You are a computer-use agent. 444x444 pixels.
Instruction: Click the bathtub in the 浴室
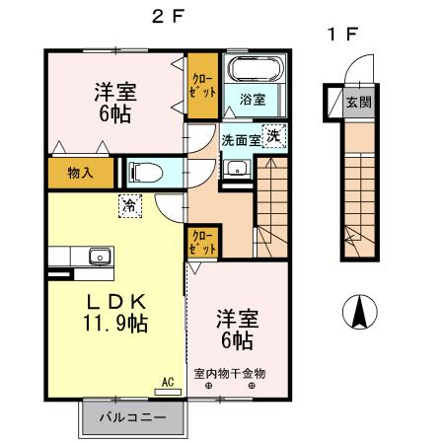(x=256, y=69)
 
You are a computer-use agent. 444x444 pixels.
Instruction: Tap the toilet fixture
(x=146, y=173)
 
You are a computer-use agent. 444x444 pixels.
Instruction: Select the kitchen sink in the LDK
(x=101, y=257)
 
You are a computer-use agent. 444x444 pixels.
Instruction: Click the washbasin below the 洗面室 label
(x=237, y=168)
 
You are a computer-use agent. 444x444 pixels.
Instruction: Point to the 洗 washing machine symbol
(x=274, y=136)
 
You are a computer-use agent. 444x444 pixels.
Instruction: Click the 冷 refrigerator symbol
(x=130, y=206)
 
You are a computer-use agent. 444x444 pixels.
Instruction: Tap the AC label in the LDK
(x=168, y=383)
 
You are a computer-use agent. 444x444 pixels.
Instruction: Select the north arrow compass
(x=360, y=312)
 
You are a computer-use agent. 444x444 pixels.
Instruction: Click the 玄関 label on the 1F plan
(x=359, y=103)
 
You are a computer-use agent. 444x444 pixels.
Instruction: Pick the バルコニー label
(x=133, y=418)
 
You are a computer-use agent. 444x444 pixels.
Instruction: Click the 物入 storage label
(x=80, y=173)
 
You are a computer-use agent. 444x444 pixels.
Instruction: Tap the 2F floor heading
(x=168, y=17)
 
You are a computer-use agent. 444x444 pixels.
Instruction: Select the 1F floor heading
(x=342, y=34)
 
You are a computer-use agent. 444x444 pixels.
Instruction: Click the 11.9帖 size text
(x=115, y=324)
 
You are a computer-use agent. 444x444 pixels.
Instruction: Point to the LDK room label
(x=115, y=302)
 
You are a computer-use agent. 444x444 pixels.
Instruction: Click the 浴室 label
(x=253, y=100)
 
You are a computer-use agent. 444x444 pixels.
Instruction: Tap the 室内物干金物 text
(x=230, y=374)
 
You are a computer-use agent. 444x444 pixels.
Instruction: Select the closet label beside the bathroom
(x=203, y=86)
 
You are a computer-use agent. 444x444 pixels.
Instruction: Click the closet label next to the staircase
(x=203, y=243)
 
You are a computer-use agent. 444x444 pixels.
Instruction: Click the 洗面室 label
(x=241, y=140)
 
